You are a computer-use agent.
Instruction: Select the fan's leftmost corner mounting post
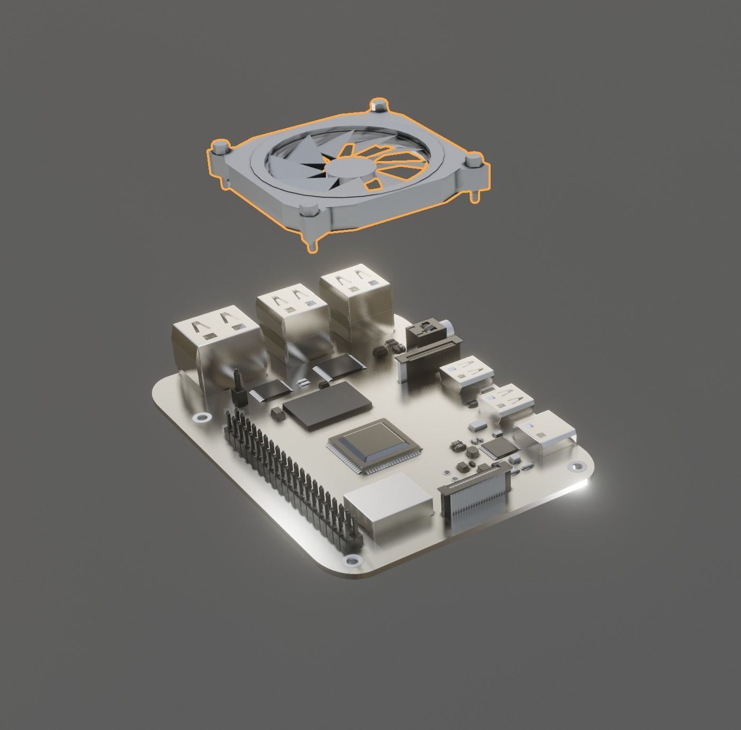tap(220, 147)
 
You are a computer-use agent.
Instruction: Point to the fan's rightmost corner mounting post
tap(474, 161)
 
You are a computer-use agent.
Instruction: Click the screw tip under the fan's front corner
tap(312, 246)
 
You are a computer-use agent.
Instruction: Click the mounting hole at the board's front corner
tap(350, 560)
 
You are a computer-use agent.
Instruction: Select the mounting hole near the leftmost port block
tap(201, 419)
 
